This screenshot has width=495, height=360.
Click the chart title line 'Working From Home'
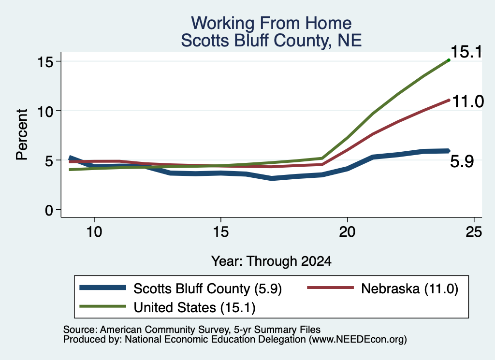click(271, 23)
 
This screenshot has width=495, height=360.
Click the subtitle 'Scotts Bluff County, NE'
click(271, 41)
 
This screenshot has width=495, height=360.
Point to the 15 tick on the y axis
click(45, 62)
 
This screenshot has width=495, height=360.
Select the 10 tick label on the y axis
click(45, 111)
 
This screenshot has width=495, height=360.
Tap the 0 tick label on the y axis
click(49, 210)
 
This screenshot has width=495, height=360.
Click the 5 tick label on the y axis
click(49, 160)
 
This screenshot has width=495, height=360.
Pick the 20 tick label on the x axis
click(347, 232)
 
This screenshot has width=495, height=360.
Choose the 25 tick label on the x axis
click(474, 232)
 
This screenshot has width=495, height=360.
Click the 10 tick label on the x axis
click(94, 232)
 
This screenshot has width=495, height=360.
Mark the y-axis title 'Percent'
click(22, 134)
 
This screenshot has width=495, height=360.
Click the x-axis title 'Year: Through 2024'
click(271, 261)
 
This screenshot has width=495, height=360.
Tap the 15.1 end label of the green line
click(466, 52)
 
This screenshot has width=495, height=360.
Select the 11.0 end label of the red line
click(468, 101)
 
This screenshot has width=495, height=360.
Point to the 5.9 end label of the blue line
click(462, 162)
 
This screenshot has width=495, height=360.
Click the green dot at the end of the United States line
click(449, 60)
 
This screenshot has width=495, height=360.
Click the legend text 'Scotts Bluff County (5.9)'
click(207, 288)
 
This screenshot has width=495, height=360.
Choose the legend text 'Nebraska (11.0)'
click(409, 288)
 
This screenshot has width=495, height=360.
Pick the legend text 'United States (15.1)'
click(194, 308)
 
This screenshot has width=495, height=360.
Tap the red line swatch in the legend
click(331, 288)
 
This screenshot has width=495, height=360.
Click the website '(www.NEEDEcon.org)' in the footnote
click(358, 340)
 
